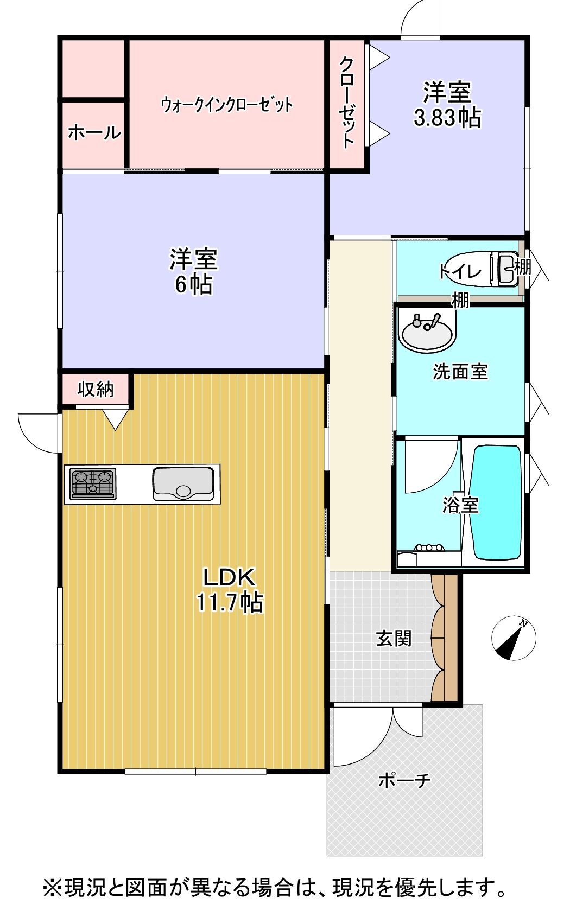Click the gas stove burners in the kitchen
93,483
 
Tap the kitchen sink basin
183,483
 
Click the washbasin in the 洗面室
428,332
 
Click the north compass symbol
514,638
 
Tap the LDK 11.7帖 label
230,591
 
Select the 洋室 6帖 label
193,271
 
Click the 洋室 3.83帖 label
447,105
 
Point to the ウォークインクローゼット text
227,105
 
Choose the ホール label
94,133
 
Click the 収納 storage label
96,389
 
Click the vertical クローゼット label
347,102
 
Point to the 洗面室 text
460,372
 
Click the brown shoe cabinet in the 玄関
445,638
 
